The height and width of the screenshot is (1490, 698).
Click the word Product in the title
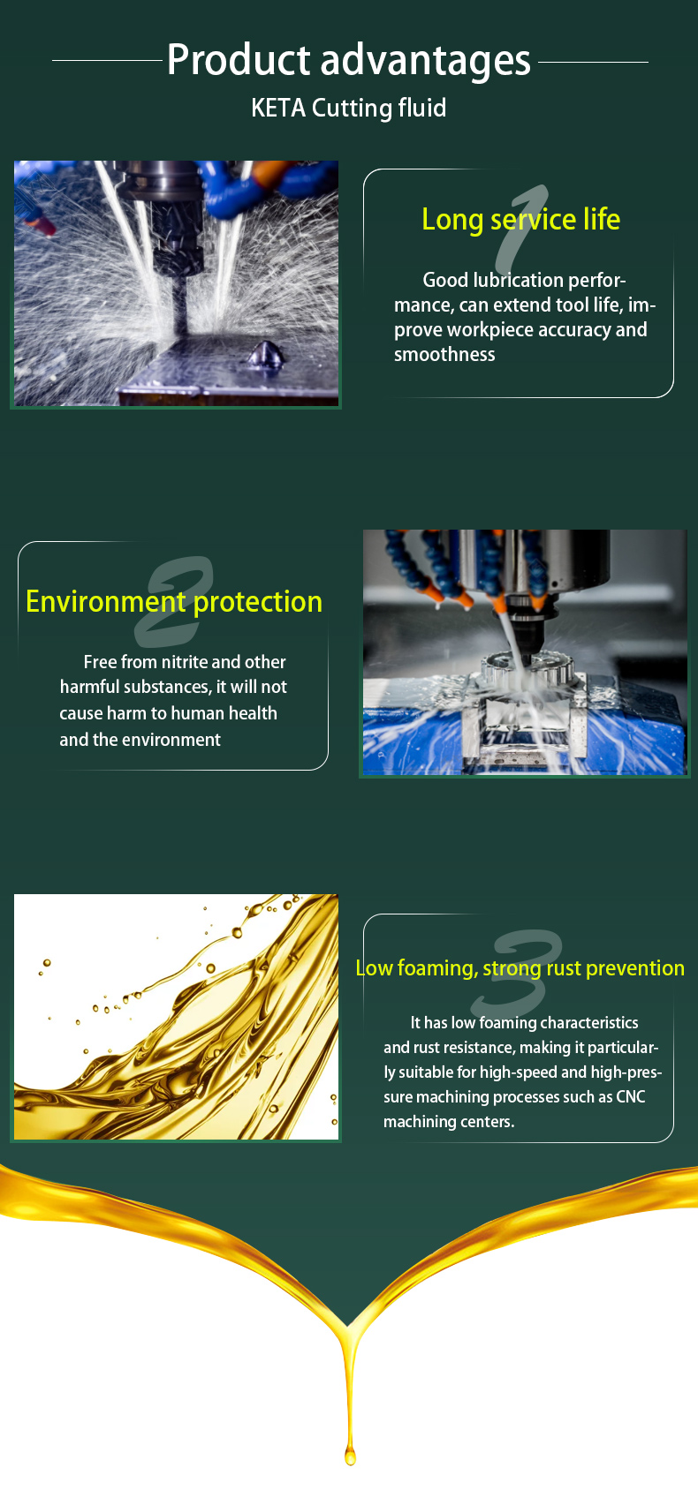239,60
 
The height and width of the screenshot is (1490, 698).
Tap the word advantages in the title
426,61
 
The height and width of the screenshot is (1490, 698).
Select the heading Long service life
520,220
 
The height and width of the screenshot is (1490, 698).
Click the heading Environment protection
174,602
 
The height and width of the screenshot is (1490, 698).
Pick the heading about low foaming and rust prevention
520,968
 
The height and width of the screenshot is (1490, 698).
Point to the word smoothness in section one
444,355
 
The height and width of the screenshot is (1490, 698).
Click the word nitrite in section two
185,662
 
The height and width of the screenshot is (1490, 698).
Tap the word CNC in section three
630,1097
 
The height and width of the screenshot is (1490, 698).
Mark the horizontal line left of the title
107,61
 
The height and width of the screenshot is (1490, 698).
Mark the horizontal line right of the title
593,62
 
